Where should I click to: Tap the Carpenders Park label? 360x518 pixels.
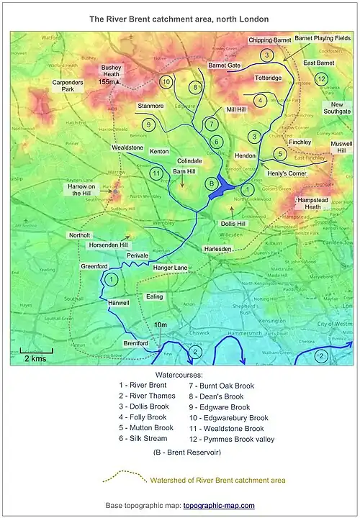point(68,86)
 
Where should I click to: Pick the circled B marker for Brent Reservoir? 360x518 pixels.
point(211,184)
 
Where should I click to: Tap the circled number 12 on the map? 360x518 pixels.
point(322,79)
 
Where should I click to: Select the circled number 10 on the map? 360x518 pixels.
point(166,82)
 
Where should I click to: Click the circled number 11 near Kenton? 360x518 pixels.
point(156,173)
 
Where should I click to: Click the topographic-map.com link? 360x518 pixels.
point(219,506)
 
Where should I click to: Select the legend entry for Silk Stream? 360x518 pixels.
point(143,437)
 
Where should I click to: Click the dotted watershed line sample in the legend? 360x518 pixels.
point(122,478)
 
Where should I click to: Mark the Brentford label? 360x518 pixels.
point(135,344)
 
